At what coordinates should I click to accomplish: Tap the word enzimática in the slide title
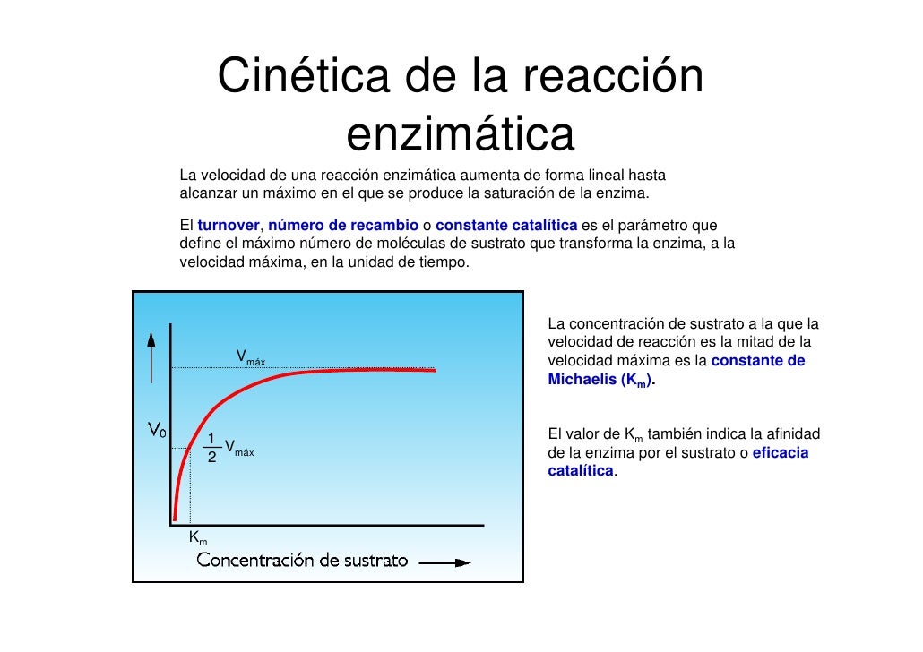click(460, 135)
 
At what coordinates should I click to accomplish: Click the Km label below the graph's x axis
click(198, 538)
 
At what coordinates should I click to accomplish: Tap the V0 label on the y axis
click(156, 431)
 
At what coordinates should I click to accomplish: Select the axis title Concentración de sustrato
click(303, 562)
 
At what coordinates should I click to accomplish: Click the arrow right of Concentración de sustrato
click(444, 563)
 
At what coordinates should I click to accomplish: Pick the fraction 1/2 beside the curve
click(211, 448)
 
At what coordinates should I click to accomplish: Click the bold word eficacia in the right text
click(780, 453)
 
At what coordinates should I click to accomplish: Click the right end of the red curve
click(434, 370)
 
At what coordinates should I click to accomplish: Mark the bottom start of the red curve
click(175, 517)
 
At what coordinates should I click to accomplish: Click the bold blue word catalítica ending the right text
click(581, 470)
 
